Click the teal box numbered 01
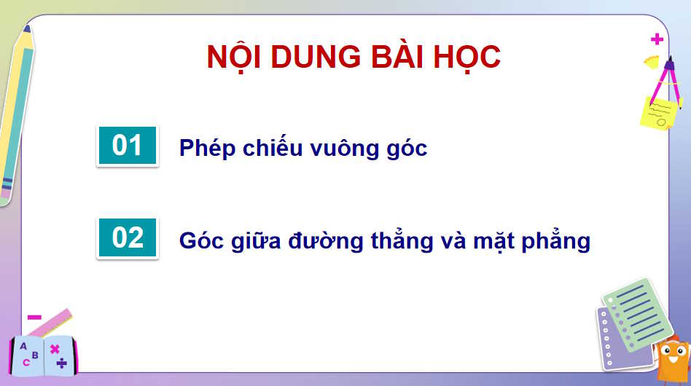point(127,146)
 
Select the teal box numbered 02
point(127,237)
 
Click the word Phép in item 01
point(203,149)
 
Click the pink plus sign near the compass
point(657,39)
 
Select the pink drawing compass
point(666,80)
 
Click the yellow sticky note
point(657,114)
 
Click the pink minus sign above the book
point(34,317)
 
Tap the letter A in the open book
point(23,347)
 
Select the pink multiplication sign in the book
point(55,349)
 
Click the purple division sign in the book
point(62,362)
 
